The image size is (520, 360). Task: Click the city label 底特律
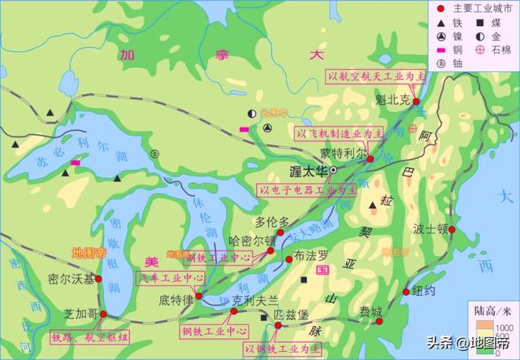pos(175,301)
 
